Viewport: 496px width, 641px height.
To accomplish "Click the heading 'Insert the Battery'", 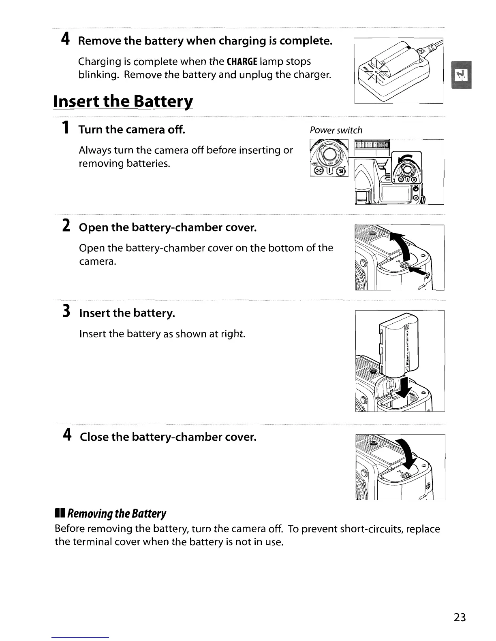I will tap(123, 101).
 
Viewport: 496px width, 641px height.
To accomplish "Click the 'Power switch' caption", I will tap(336, 130).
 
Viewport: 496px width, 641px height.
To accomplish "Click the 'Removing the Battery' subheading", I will tap(117, 514).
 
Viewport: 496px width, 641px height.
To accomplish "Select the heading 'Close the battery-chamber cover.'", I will tap(168, 437).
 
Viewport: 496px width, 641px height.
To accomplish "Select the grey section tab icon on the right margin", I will tap(461, 74).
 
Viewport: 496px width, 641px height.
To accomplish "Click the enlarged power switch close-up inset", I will tap(329, 158).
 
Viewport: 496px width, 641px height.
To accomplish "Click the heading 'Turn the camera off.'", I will tap(132, 129).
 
